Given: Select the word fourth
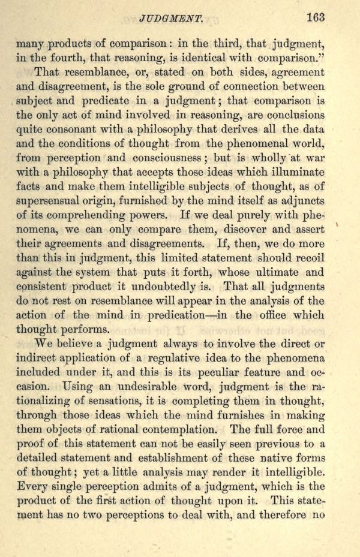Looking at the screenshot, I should click(80, 58).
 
